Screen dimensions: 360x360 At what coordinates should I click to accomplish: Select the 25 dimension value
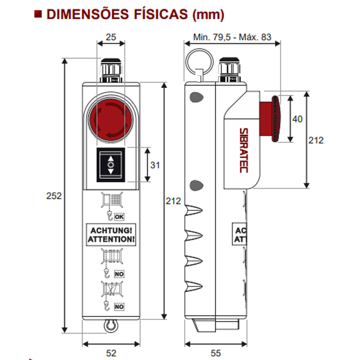pyautogui.click(x=111, y=37)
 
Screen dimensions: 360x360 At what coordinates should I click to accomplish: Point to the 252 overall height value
pyautogui.click(x=54, y=196)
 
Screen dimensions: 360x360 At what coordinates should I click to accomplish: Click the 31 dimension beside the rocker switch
pyautogui.click(x=155, y=165)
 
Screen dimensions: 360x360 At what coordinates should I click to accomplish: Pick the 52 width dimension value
pyautogui.click(x=111, y=353)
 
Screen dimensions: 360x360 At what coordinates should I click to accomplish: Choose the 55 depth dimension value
pyautogui.click(x=216, y=353)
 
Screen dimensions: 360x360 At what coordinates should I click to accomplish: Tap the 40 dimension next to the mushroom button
pyautogui.click(x=297, y=119)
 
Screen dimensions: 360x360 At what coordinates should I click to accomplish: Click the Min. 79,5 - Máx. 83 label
pyautogui.click(x=232, y=37)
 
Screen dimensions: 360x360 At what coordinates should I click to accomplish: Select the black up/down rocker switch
pyautogui.click(x=111, y=165)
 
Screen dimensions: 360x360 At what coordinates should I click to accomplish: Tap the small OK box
pyautogui.click(x=119, y=217)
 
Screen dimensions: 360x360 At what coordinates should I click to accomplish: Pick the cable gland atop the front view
pyautogui.click(x=111, y=70)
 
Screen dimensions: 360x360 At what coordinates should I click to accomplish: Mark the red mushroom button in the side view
pyautogui.click(x=270, y=119)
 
